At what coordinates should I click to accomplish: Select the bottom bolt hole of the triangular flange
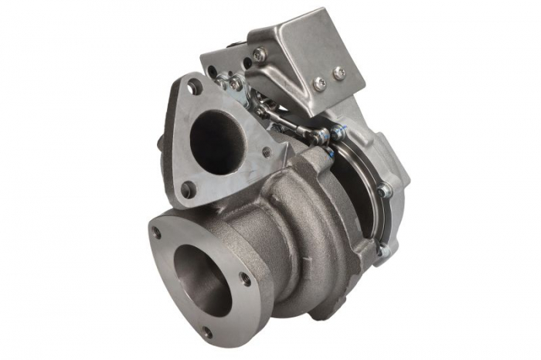click(x=186, y=188)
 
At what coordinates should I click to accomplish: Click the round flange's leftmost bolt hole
click(x=157, y=231)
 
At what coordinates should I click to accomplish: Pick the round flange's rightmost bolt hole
click(x=246, y=279)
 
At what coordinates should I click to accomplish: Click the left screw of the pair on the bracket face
click(x=318, y=83)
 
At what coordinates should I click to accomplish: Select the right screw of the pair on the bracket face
click(x=339, y=73)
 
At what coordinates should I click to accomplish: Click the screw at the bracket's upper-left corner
click(x=259, y=54)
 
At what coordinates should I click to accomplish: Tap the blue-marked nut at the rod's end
click(x=337, y=133)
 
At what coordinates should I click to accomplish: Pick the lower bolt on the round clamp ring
click(x=380, y=250)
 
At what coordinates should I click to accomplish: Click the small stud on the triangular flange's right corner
click(x=266, y=152)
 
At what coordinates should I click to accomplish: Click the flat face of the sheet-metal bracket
click(x=309, y=54)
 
